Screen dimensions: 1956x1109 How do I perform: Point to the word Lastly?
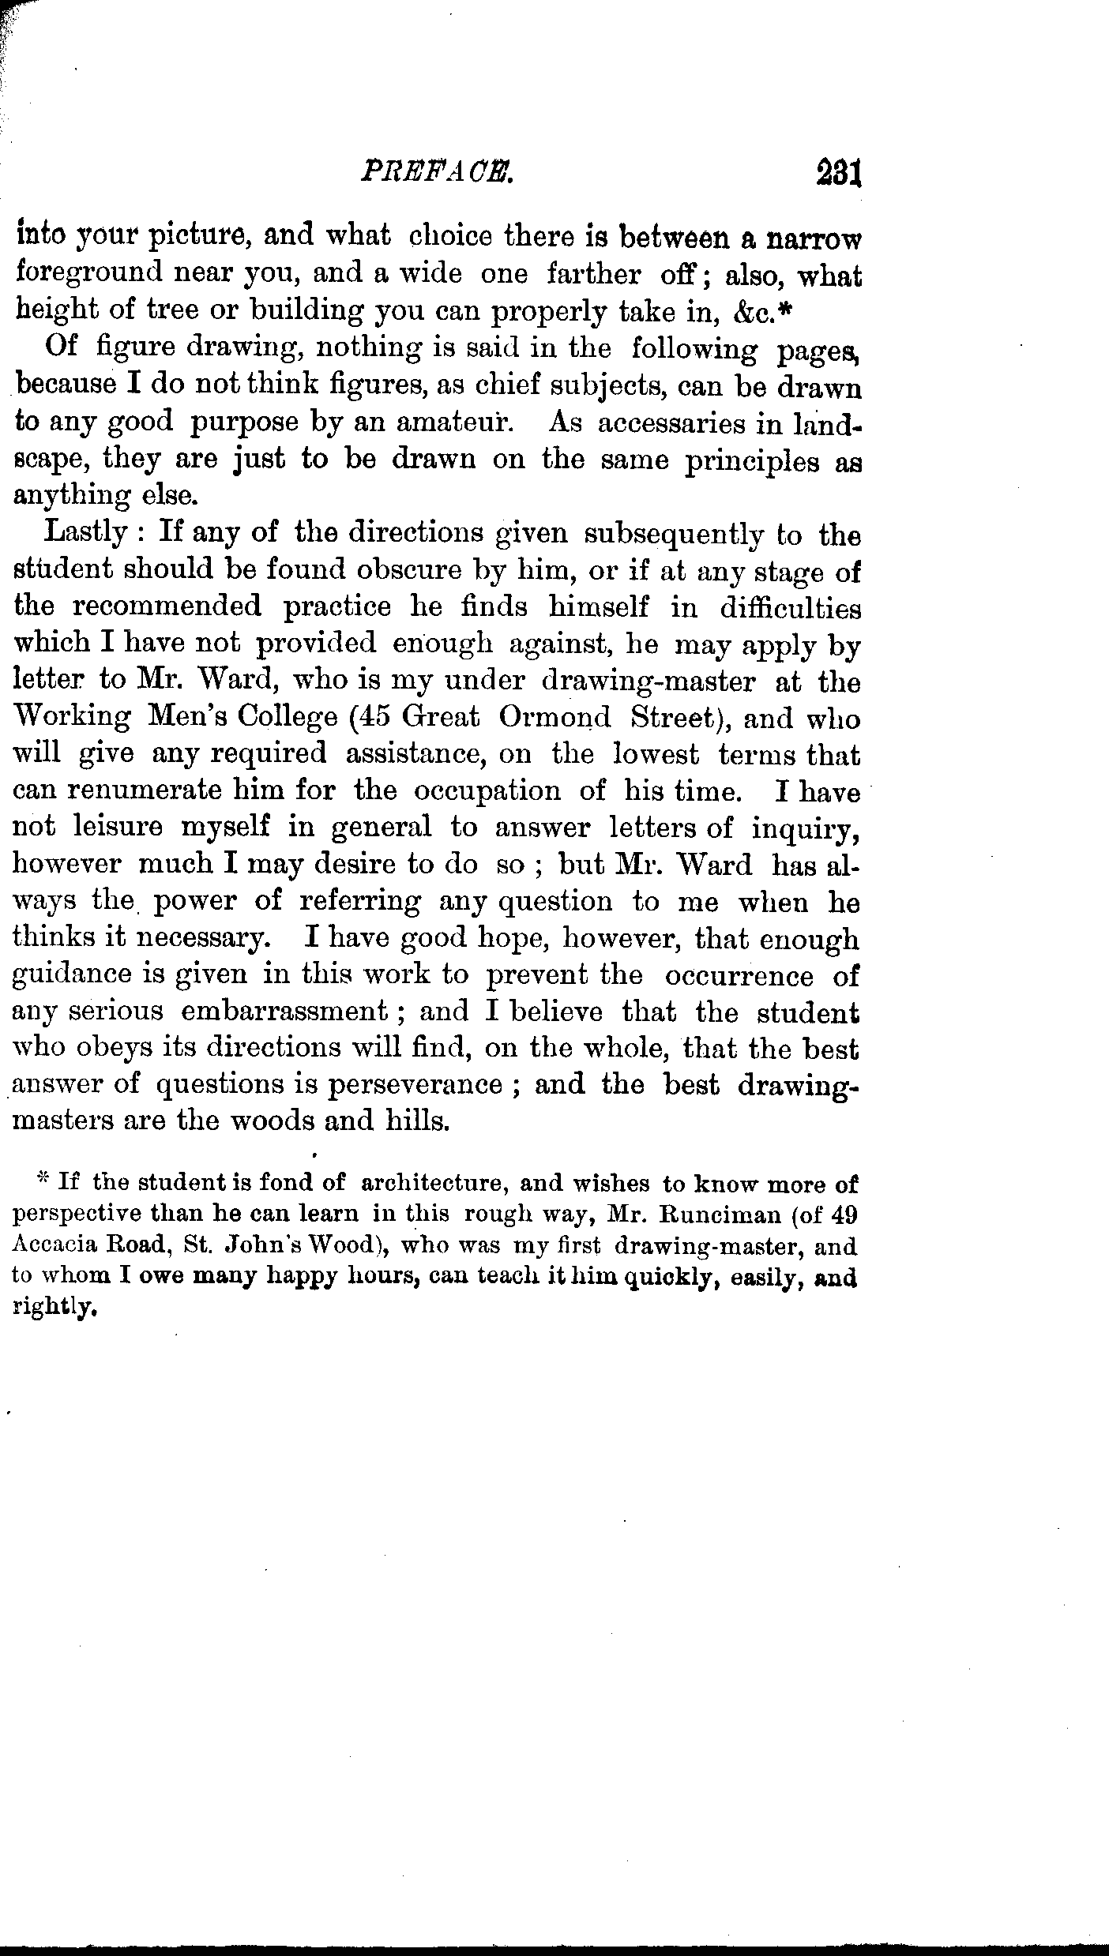pos(86,534)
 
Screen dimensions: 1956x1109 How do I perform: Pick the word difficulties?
pos(789,608)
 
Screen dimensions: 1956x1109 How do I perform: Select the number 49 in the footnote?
pos(840,1215)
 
